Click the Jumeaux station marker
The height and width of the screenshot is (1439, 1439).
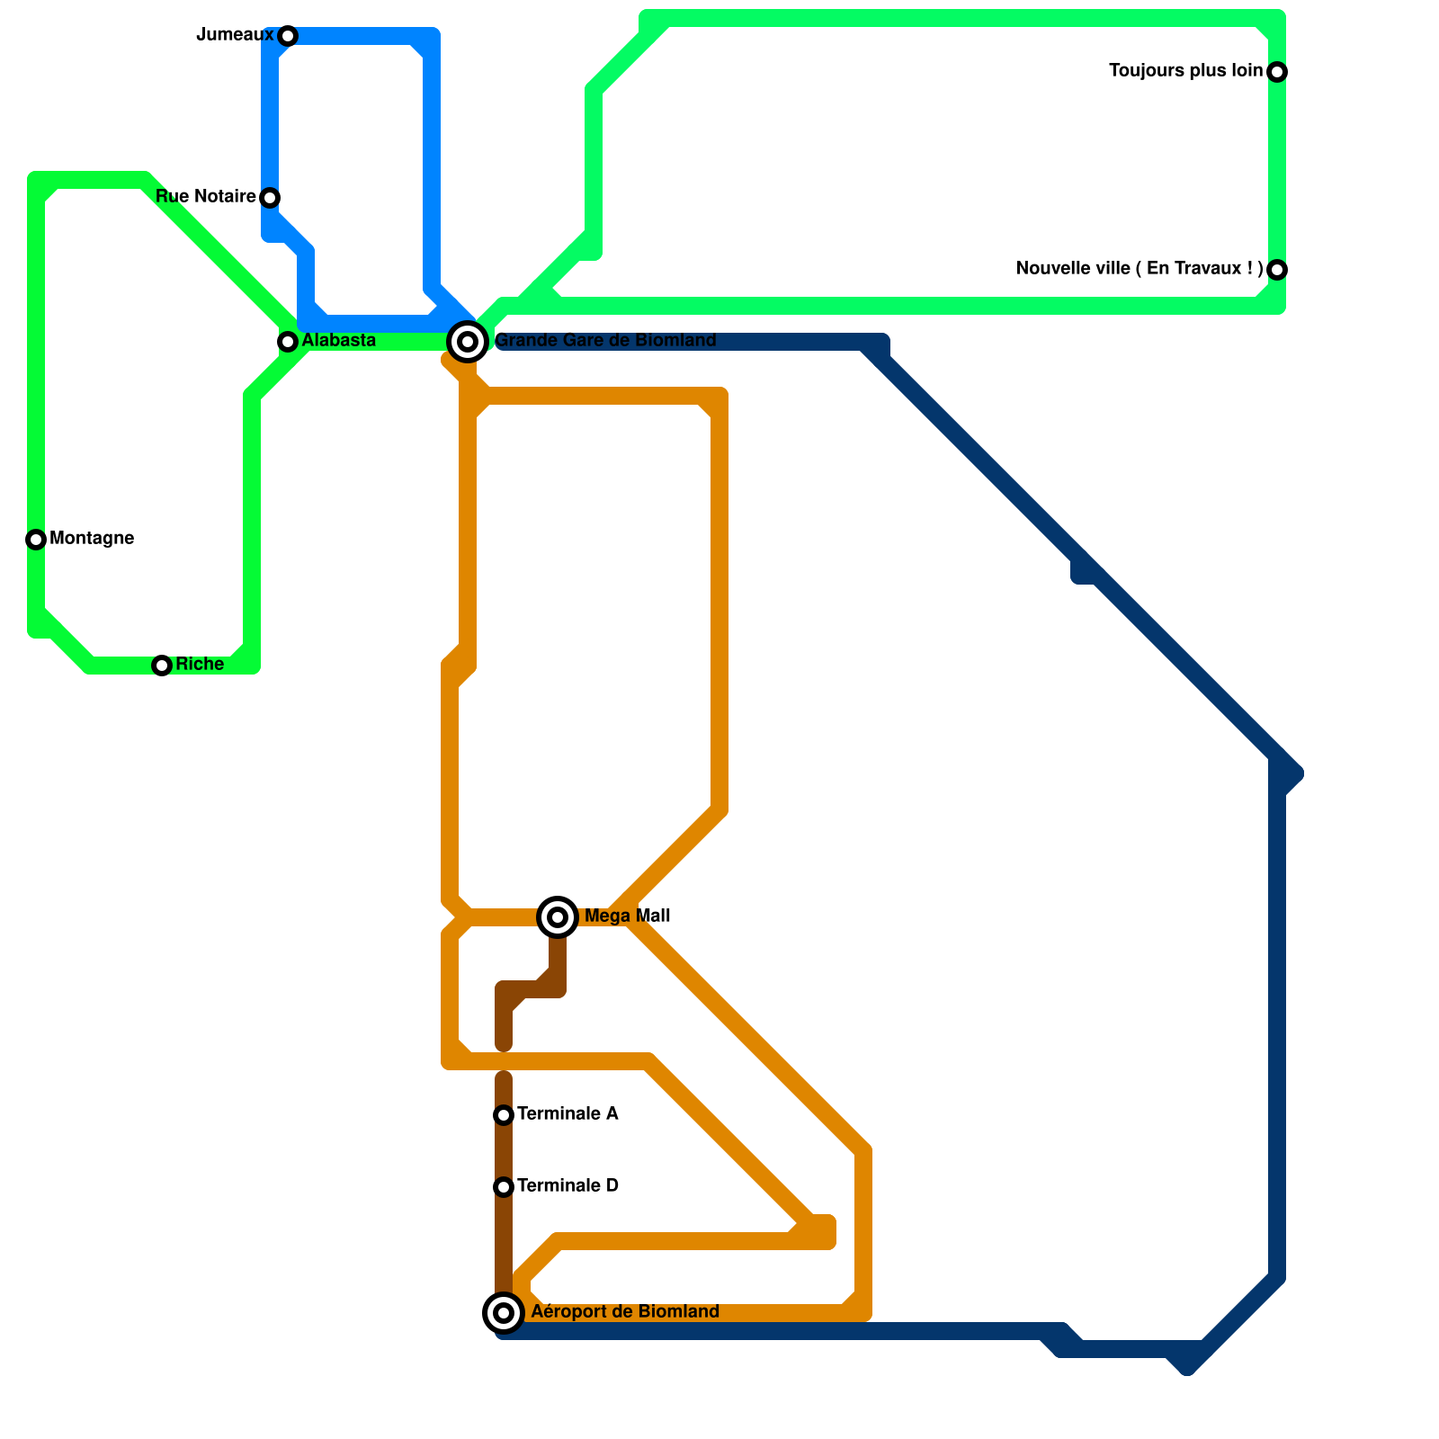[288, 36]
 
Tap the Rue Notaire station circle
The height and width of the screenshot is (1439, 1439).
[270, 198]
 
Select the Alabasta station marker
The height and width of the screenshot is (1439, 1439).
[288, 342]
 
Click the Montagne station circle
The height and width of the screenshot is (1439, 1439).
[36, 540]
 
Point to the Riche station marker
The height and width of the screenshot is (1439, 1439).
[162, 666]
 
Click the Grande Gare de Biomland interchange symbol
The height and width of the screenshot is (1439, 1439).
[468, 342]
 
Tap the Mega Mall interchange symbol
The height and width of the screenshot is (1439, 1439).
[558, 917]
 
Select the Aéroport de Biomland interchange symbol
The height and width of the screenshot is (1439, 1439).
[504, 1313]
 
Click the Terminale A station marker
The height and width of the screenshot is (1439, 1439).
[504, 1115]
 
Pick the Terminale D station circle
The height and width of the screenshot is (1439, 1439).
[504, 1187]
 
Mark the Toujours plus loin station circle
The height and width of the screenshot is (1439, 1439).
[1277, 72]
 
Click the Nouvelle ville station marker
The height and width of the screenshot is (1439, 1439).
[1277, 270]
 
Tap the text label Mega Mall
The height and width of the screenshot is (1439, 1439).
[627, 916]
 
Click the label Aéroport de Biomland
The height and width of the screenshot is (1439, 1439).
[625, 1312]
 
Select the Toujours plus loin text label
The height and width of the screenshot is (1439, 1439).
[1185, 71]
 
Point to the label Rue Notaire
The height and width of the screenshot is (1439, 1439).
[206, 197]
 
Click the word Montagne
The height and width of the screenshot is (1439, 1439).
[92, 539]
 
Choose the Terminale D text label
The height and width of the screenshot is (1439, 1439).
[568, 1186]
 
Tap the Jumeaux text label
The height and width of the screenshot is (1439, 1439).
[235, 35]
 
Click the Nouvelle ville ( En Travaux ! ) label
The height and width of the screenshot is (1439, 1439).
[1140, 269]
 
